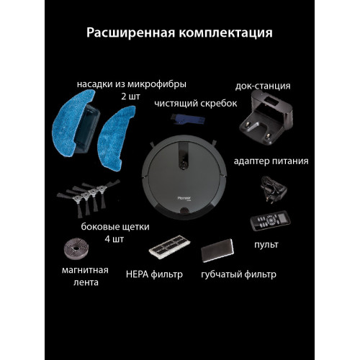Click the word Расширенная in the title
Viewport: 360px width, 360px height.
[x=131, y=33]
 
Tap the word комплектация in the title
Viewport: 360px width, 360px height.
[x=225, y=33]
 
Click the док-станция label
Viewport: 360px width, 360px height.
[x=263, y=86]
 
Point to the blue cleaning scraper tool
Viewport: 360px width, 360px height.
[x=188, y=120]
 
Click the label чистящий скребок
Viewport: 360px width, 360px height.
[x=196, y=104]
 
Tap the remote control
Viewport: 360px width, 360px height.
[x=270, y=221]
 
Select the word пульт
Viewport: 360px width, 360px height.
[x=266, y=245]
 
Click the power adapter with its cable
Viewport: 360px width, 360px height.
[x=274, y=189]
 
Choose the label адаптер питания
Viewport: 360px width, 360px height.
[x=271, y=161]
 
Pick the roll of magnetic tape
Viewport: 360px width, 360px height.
[x=76, y=248]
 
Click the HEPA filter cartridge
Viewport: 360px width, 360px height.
[x=169, y=246]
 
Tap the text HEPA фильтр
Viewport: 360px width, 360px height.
[x=154, y=274]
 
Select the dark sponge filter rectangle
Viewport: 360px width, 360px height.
[x=217, y=251]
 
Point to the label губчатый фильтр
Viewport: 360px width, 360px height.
[x=238, y=274]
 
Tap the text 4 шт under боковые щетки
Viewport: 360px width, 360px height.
[x=114, y=239]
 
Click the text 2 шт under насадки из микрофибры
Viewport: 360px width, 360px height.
[x=130, y=96]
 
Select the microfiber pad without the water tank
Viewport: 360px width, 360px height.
[x=116, y=138]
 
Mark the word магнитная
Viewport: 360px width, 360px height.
[x=85, y=270]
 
